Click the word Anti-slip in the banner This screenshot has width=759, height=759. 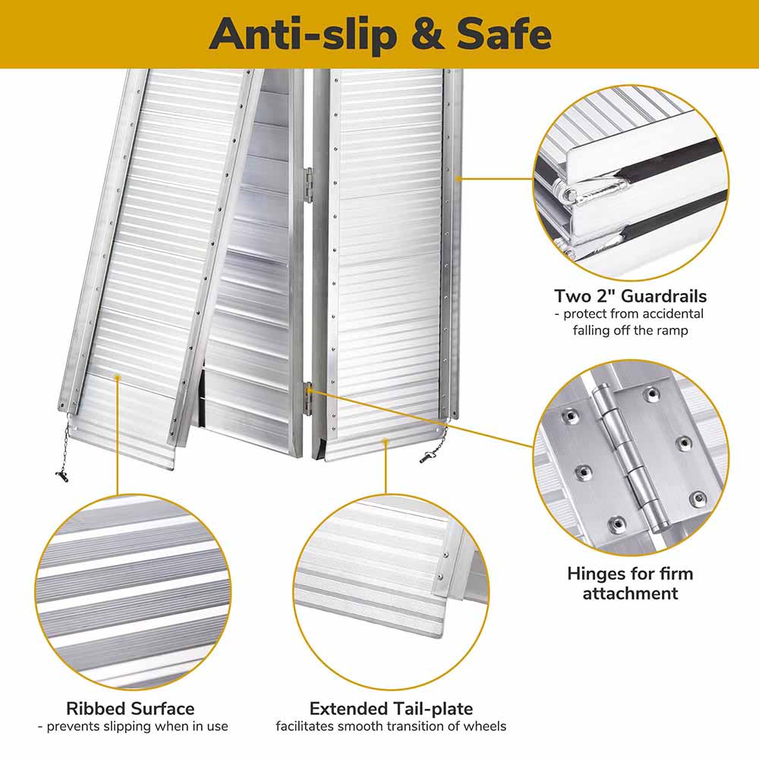point(303,34)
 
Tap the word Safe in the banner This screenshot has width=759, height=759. point(504,34)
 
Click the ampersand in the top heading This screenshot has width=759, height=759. point(427,34)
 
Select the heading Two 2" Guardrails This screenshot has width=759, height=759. point(630,296)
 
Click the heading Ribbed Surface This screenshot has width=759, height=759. point(131,709)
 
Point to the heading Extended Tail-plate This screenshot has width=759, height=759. point(391,709)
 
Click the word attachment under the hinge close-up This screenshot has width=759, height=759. point(630,594)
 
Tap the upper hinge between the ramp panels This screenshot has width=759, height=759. point(308,185)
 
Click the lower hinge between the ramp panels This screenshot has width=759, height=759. point(307,398)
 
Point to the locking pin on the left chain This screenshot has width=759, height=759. point(62,477)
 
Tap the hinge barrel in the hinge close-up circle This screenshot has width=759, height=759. point(631,458)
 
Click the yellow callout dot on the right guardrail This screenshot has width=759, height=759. point(458,178)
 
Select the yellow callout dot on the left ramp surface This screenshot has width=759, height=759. point(117,376)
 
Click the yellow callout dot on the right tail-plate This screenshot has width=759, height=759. point(386,441)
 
